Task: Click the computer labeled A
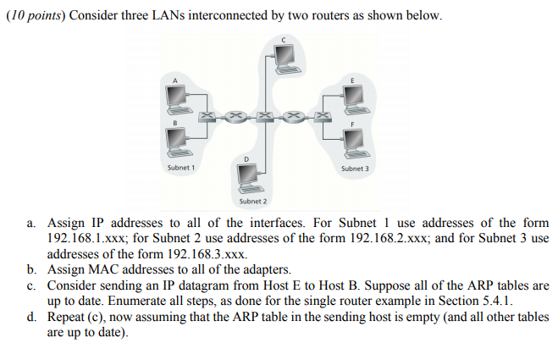point(179,97)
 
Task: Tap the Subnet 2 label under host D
point(252,202)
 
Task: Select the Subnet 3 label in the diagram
point(355,169)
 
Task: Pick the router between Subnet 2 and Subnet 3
point(294,113)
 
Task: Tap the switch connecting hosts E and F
point(323,113)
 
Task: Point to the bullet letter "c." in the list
point(31,286)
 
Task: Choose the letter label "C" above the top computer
point(285,37)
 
